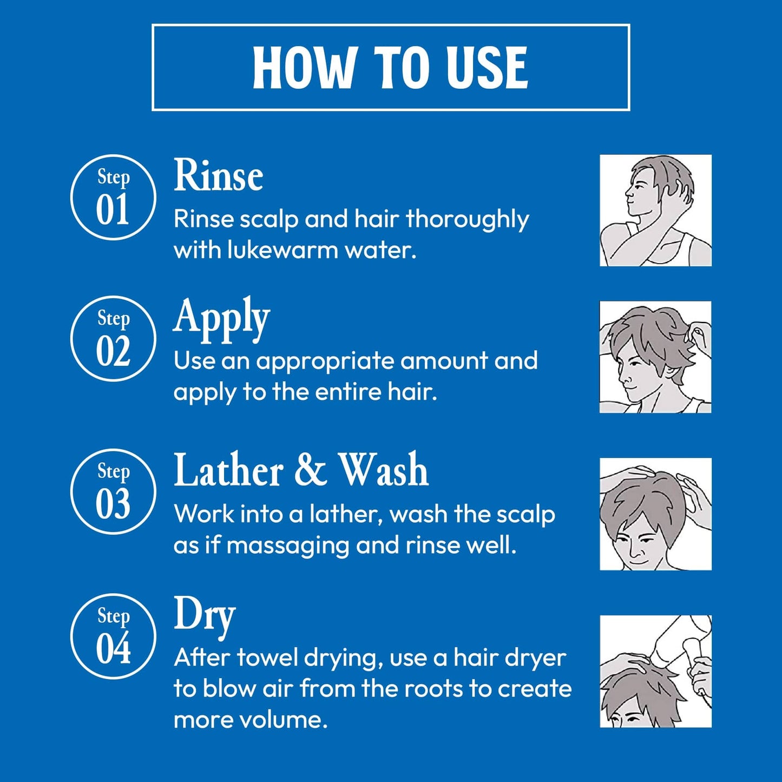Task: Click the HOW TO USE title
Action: pos(390,68)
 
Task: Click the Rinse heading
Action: pos(218,175)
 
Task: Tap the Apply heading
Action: pos(222,320)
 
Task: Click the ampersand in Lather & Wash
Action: pos(311,470)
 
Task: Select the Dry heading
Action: pos(205,618)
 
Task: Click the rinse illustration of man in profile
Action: pos(655,210)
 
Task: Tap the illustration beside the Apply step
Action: pos(655,357)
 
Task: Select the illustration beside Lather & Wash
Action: pos(655,514)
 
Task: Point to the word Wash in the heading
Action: pos(384,470)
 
